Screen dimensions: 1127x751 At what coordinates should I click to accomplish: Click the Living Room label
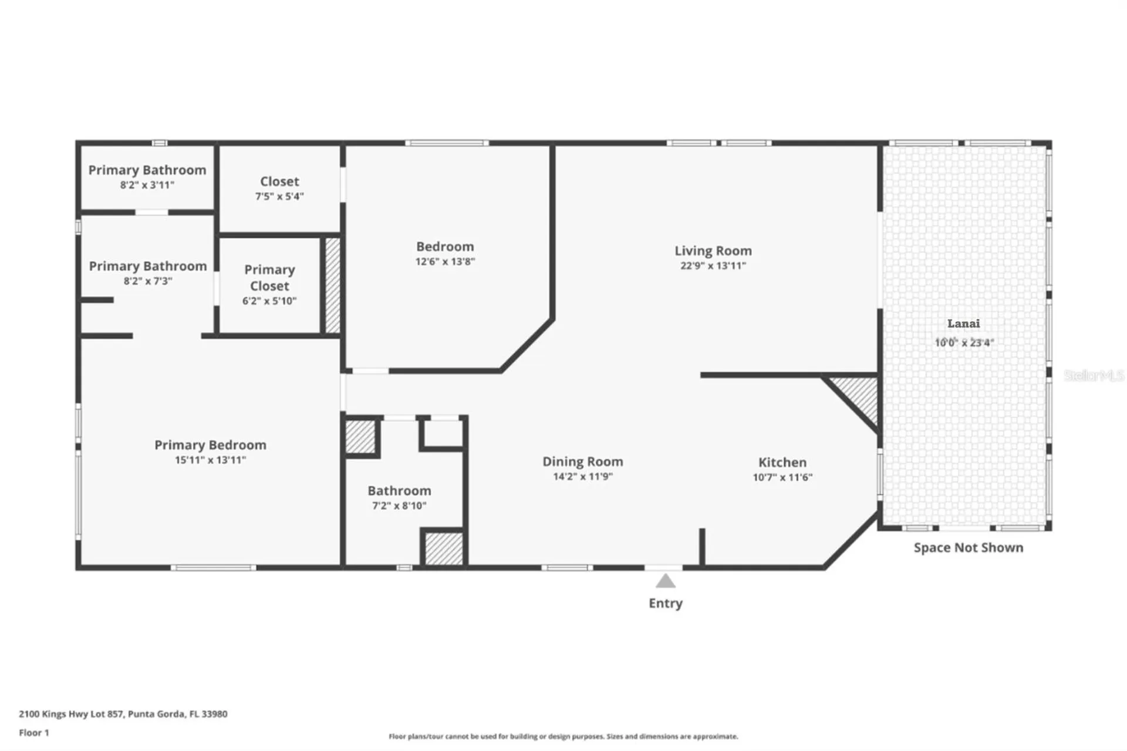(713, 251)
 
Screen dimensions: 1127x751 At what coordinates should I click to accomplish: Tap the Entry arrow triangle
(665, 581)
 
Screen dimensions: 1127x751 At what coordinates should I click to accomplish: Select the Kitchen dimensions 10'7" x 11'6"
(782, 477)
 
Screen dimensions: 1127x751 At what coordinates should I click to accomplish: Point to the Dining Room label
(582, 462)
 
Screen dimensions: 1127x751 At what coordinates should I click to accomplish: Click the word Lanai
(963, 324)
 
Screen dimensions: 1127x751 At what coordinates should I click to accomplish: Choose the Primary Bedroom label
(210, 445)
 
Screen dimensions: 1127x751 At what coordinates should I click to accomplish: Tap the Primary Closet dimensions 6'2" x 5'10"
(269, 301)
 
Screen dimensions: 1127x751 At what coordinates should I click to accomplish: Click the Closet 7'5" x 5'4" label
(279, 188)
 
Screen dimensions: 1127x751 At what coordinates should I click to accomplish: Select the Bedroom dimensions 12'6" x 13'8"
(445, 262)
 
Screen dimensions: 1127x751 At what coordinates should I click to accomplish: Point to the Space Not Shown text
(968, 548)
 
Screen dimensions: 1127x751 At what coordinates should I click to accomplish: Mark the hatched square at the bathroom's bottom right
(444, 548)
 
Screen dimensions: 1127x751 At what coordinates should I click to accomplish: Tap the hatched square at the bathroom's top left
(360, 437)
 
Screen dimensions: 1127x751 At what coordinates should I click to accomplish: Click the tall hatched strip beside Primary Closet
(332, 285)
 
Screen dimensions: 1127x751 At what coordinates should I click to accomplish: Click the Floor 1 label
(34, 733)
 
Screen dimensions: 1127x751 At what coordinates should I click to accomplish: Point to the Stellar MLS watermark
(1094, 375)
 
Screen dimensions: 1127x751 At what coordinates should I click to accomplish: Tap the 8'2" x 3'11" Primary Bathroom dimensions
(147, 185)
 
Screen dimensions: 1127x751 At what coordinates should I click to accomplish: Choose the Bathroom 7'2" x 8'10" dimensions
(399, 506)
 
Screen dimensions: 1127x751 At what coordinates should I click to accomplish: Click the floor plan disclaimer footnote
(563, 736)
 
